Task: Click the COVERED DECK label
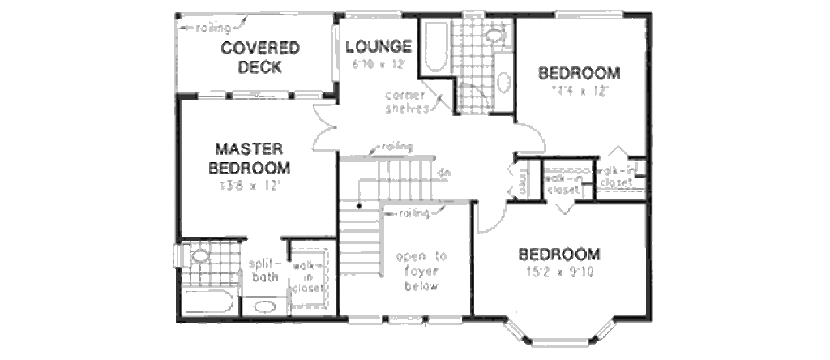click(x=260, y=57)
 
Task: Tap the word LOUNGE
click(x=378, y=46)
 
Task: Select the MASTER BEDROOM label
click(x=249, y=159)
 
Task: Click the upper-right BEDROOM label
click(x=580, y=74)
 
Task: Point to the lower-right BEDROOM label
click(x=559, y=254)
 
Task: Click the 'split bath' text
click(x=263, y=271)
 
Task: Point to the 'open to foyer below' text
click(x=421, y=271)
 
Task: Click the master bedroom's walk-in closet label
click(x=310, y=276)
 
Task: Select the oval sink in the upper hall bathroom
click(x=503, y=82)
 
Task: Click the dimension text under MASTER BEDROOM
click(x=249, y=185)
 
